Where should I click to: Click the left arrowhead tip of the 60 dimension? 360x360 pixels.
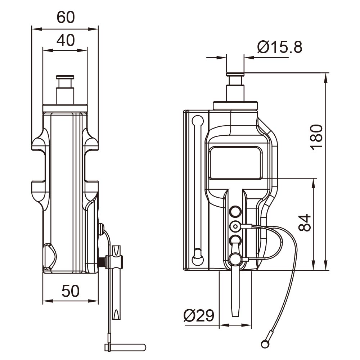tap(32, 29)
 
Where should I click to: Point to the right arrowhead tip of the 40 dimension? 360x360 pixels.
tap(87, 50)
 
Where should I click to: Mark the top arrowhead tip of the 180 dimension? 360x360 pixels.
tap(325, 73)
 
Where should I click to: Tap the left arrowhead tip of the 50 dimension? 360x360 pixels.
tap(43, 301)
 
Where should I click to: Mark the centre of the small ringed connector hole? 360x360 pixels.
tap(235, 226)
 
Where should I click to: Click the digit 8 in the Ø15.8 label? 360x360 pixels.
tap(298, 47)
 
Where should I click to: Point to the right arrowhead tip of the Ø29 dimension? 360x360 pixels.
tap(251, 325)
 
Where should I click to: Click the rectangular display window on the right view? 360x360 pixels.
tap(235, 163)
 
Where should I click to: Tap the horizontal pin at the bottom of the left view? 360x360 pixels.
tap(125, 347)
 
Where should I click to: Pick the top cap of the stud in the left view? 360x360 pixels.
tap(65, 77)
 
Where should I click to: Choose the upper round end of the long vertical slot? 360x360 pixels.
tap(197, 121)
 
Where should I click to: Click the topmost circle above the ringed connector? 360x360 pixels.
tap(235, 211)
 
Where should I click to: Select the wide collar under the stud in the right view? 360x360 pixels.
tap(235, 105)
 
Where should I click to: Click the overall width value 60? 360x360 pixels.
tap(66, 17)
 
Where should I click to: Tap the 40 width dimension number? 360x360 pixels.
tap(66, 40)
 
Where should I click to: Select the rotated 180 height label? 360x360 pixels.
tap(316, 138)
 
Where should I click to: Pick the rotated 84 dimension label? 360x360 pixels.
tap(305, 222)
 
